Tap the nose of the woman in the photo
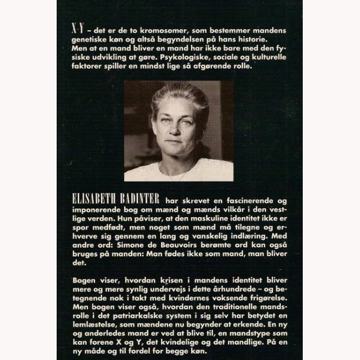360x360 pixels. tap(178, 127)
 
